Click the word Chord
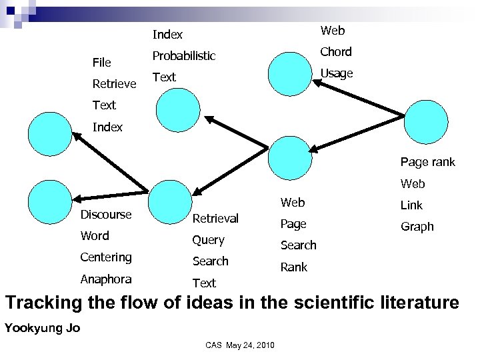point(336,52)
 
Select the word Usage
point(337,73)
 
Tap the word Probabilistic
point(184,56)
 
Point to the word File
point(102,63)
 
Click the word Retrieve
point(115,84)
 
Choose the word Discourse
point(106,215)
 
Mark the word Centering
point(106,257)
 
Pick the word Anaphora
point(106,279)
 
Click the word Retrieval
point(215,218)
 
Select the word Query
point(209,240)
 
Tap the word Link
point(411,205)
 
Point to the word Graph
point(417,227)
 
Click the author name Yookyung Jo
point(42,328)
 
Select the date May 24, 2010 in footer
point(250,345)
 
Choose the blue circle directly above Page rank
point(427,123)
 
